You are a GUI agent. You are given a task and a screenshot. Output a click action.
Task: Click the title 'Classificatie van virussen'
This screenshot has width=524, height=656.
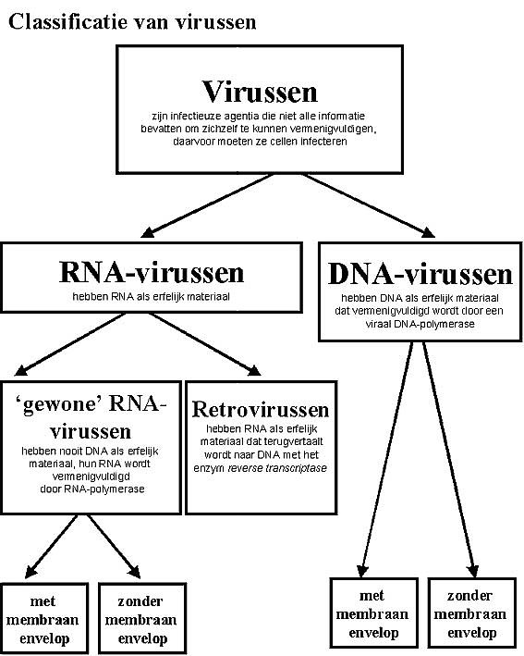pyautogui.click(x=132, y=22)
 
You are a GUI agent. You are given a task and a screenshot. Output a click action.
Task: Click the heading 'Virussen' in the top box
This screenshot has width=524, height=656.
pyautogui.click(x=260, y=92)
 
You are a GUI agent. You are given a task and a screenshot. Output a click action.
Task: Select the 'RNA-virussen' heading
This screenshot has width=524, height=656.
pyautogui.click(x=152, y=272)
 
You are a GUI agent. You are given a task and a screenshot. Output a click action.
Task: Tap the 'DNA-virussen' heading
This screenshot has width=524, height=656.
pyautogui.click(x=420, y=274)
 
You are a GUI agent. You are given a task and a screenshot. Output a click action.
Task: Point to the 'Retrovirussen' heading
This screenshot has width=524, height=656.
pyautogui.click(x=261, y=409)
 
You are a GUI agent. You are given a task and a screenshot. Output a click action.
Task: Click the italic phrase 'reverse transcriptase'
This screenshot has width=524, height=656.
pyautogui.click(x=277, y=468)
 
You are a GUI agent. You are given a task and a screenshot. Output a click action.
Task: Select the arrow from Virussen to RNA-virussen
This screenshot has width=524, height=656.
pyautogui.click(x=208, y=205)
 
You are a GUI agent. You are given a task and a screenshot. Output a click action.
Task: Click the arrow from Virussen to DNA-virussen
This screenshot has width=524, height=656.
pyautogui.click(x=369, y=205)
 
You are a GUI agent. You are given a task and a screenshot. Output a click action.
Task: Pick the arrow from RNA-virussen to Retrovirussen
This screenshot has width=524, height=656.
pyautogui.click(x=205, y=344)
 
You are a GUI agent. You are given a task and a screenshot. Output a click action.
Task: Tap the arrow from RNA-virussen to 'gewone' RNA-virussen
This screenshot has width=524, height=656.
pyautogui.click(x=70, y=344)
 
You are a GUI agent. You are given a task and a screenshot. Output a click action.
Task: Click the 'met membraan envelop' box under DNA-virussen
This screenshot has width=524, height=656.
pyautogui.click(x=373, y=612)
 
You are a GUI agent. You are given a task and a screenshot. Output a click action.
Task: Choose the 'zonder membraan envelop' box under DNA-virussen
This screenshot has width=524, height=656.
pyautogui.click(x=471, y=612)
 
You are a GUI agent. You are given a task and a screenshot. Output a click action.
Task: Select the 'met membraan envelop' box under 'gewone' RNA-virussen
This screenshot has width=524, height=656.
pyautogui.click(x=44, y=618)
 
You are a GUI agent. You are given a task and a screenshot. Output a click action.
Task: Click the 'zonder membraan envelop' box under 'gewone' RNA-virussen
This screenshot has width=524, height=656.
pyautogui.click(x=142, y=618)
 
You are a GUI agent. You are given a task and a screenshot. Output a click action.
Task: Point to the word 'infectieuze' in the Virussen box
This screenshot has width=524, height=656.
pyautogui.click(x=193, y=116)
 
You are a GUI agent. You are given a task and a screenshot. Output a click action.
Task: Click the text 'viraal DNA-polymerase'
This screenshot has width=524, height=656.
pyautogui.click(x=420, y=324)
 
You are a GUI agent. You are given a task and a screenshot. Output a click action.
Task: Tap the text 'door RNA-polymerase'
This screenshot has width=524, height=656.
pyautogui.click(x=91, y=489)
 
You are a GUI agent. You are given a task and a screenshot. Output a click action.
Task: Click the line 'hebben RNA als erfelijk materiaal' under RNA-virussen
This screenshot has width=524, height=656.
pyautogui.click(x=152, y=297)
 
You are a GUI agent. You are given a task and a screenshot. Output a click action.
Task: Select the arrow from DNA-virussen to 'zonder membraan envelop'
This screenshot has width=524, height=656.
pyautogui.click(x=449, y=459)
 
